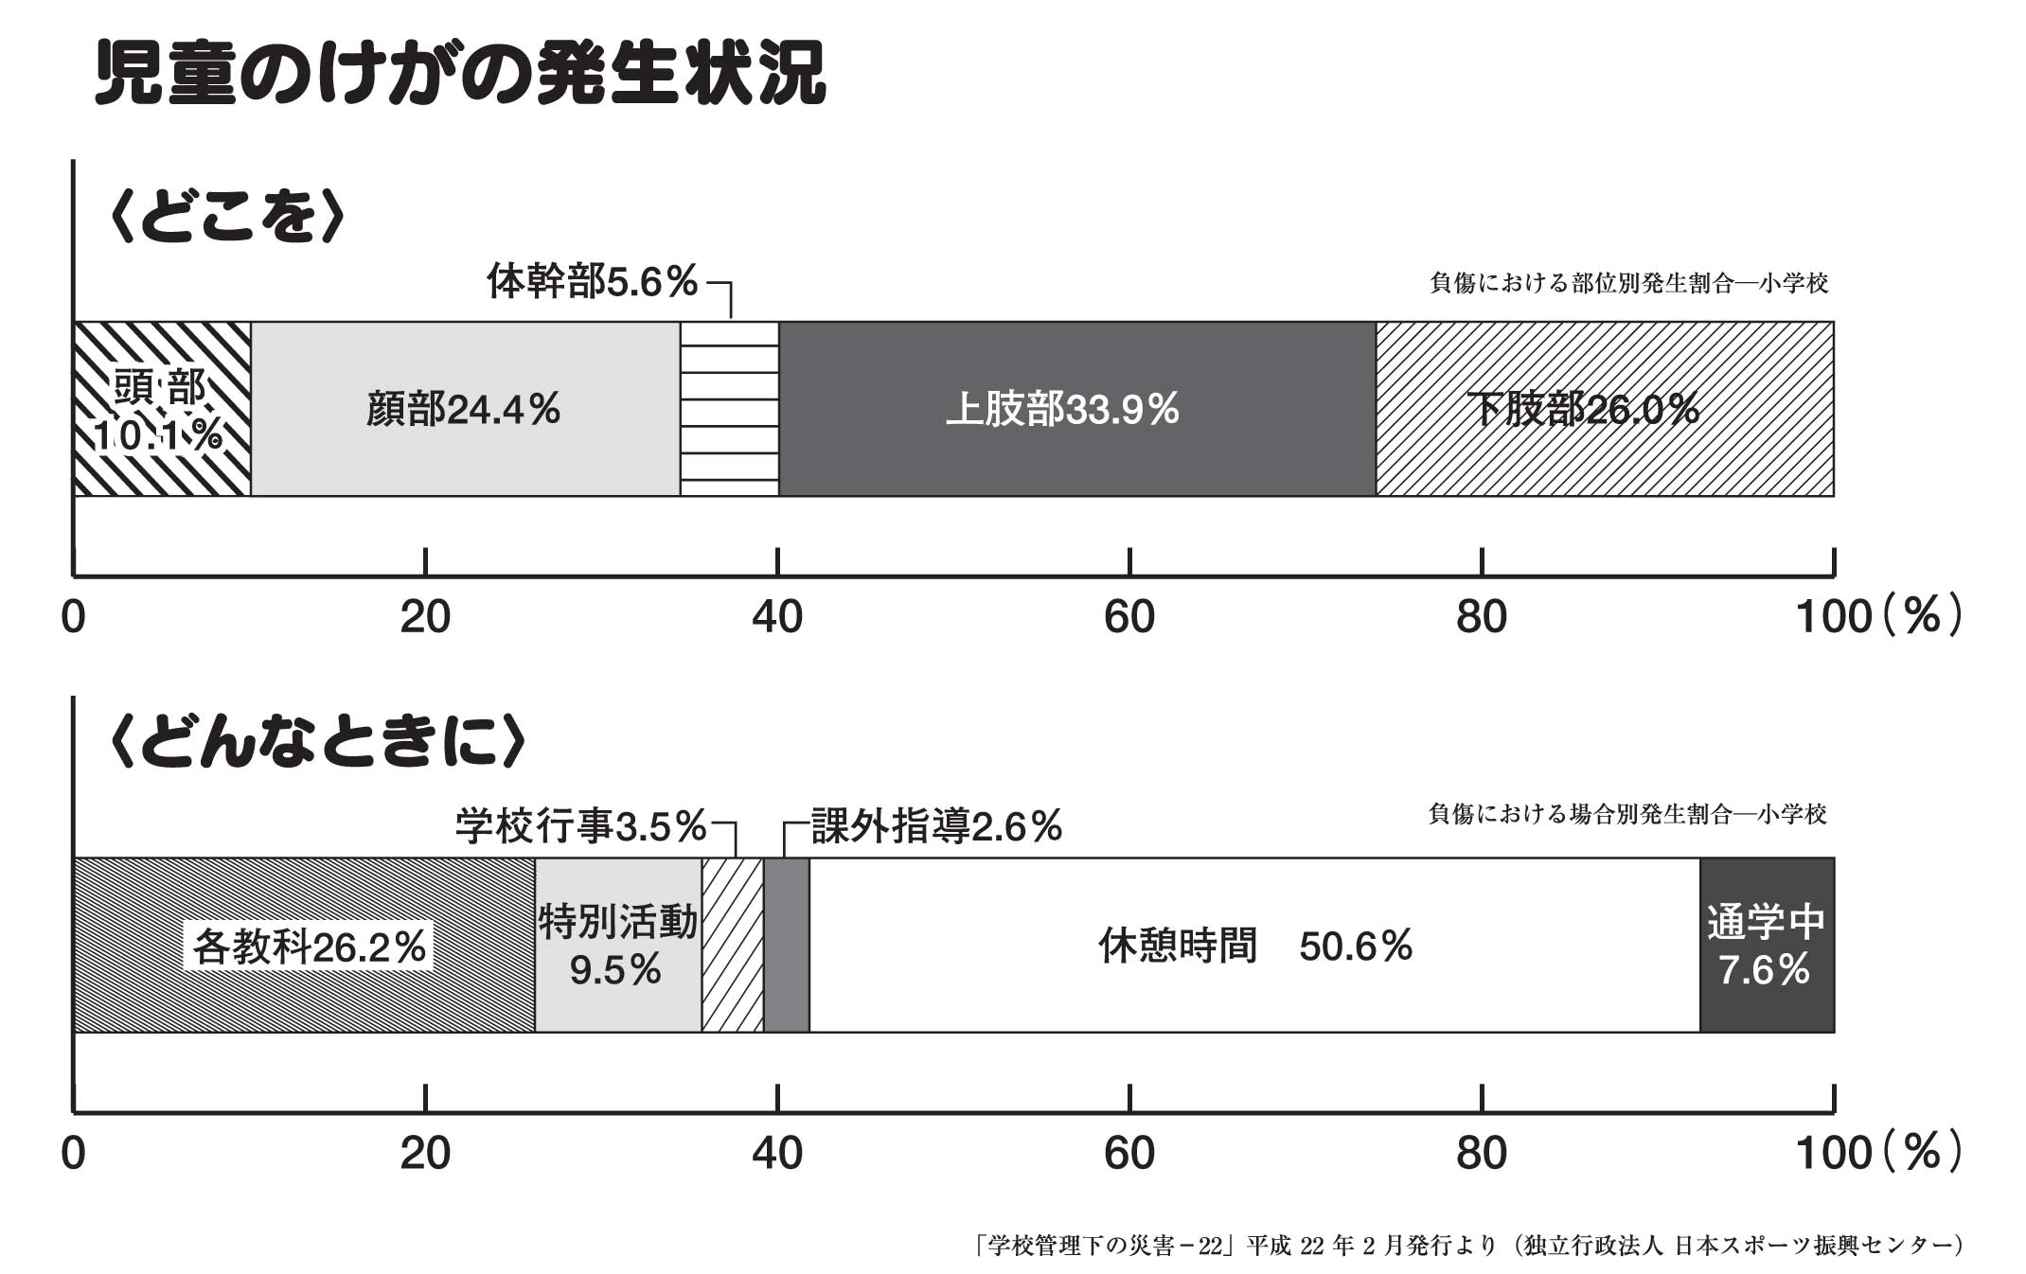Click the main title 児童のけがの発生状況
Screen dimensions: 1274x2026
[x=460, y=74]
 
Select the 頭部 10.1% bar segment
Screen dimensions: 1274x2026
[x=162, y=409]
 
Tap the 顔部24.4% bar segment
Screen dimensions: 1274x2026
[x=464, y=409]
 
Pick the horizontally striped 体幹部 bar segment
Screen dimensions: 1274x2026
[x=729, y=409]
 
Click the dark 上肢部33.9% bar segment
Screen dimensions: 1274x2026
[x=1075, y=409]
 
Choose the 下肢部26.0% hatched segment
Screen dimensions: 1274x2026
[x=1604, y=409]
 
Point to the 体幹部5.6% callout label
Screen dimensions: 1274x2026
[x=593, y=282]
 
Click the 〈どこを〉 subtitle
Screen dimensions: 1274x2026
[x=227, y=218]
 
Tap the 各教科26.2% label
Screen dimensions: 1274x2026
[x=309, y=947]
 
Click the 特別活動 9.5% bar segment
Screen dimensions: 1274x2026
[x=617, y=945]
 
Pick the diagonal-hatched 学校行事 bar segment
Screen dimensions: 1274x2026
[x=732, y=945]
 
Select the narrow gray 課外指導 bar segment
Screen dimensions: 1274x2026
[x=786, y=945]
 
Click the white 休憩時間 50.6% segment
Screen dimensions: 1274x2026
[x=1253, y=945]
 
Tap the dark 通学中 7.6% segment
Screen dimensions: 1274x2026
[x=1766, y=945]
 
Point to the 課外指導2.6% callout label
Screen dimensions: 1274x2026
[x=936, y=826]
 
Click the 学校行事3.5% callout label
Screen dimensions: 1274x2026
[x=580, y=826]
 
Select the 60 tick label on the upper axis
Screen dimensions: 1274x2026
[x=1129, y=618]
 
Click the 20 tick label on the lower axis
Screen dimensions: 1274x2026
[x=425, y=1154]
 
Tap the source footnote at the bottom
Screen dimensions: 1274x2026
[x=1466, y=1246]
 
